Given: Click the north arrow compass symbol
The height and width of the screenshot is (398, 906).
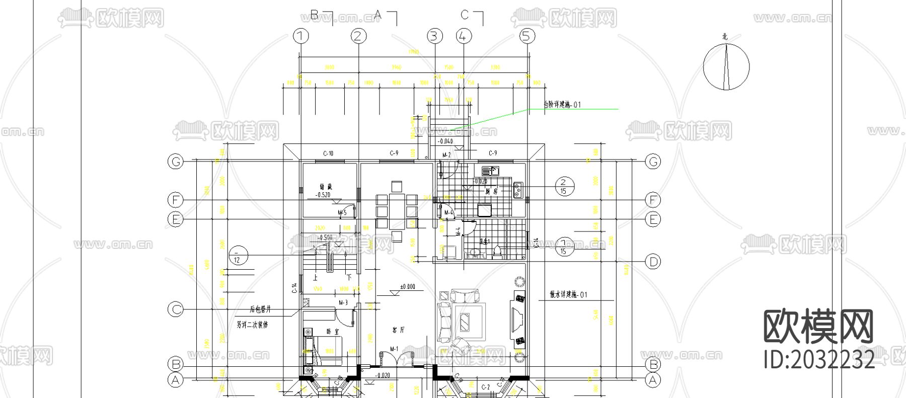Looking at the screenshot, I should [x=726, y=66].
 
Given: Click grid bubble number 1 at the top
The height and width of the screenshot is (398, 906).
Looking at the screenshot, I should [x=300, y=36].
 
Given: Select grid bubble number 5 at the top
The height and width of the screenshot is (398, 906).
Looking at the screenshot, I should [x=527, y=36].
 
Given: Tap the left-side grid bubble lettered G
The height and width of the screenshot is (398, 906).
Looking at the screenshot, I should [x=176, y=162].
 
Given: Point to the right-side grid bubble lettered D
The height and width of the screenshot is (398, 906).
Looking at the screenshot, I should [x=653, y=262].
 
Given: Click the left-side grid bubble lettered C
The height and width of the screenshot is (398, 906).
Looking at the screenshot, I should [x=176, y=309].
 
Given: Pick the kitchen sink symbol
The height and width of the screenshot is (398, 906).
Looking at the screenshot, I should [x=490, y=171].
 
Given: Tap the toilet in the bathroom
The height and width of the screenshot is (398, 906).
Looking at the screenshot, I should [x=497, y=251].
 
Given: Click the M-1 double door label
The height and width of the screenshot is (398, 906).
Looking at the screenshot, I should [x=394, y=348].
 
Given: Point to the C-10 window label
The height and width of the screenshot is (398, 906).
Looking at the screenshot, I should [x=328, y=153].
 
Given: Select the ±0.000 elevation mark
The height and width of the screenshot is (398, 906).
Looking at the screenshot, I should [x=407, y=287].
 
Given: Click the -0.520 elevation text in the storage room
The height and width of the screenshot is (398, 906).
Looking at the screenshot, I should [x=323, y=194].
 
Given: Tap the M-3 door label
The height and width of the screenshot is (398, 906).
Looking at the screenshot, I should [x=343, y=302].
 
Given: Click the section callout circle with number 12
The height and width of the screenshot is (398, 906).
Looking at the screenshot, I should [x=238, y=255].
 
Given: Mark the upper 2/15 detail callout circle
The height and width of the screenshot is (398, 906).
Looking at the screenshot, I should [x=564, y=186].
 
